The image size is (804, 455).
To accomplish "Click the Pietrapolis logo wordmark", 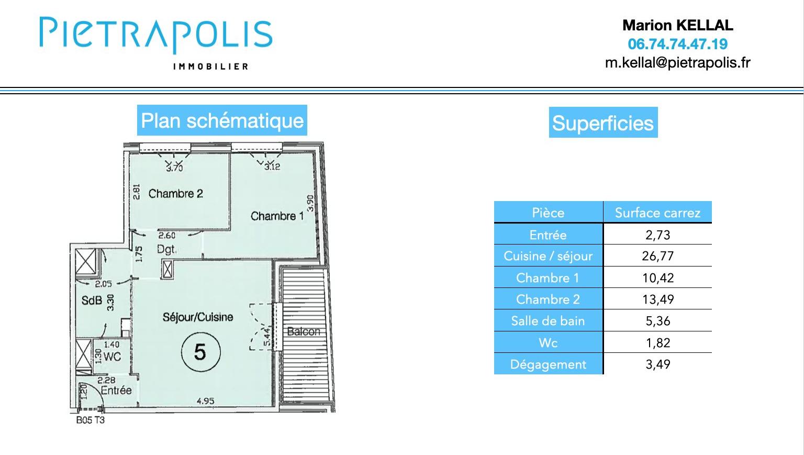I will tap(156, 35).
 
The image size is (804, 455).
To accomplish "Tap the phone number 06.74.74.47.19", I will tap(677, 44).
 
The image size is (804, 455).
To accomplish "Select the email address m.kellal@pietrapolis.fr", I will tap(677, 63).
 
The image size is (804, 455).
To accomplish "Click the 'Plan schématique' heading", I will tap(222, 120).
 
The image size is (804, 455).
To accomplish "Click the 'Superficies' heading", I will tap(603, 123).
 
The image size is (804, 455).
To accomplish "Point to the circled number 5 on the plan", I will tap(200, 352).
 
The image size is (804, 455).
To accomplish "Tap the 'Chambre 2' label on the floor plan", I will tap(175, 194).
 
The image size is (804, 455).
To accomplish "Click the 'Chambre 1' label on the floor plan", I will tap(277, 216).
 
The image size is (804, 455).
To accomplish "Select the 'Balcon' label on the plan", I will tap(304, 331).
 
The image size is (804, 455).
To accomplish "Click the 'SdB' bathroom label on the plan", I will tap(91, 301).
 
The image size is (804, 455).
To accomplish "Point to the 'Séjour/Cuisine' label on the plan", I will tap(198, 317).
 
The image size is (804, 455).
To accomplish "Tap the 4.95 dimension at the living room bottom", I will tap(205, 401).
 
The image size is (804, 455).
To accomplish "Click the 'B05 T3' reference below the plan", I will tap(90, 420).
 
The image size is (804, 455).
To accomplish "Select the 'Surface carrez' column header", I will tap(657, 213).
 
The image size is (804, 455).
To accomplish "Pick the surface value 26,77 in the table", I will tap(657, 256).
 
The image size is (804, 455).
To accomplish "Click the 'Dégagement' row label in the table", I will tap(548, 364).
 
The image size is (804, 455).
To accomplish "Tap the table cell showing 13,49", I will tap(657, 299).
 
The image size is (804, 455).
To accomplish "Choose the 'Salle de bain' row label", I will tap(548, 321).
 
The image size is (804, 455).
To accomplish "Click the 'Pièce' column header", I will tap(548, 213).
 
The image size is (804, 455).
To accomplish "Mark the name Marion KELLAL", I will tap(677, 25).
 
